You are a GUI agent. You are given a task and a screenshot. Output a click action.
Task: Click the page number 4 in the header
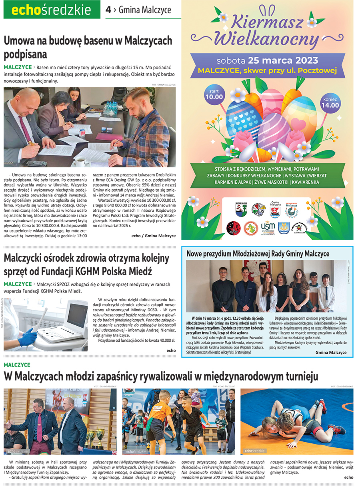[108, 10]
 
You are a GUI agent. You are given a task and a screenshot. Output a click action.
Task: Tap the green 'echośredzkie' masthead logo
[52, 10]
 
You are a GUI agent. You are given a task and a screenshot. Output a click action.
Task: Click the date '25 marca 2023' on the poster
[283, 60]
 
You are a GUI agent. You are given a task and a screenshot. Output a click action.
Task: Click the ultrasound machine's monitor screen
[77, 315]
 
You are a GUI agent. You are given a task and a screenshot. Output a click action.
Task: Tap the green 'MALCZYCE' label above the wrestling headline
[17, 365]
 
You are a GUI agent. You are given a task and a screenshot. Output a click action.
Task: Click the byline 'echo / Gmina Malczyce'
[153, 236]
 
